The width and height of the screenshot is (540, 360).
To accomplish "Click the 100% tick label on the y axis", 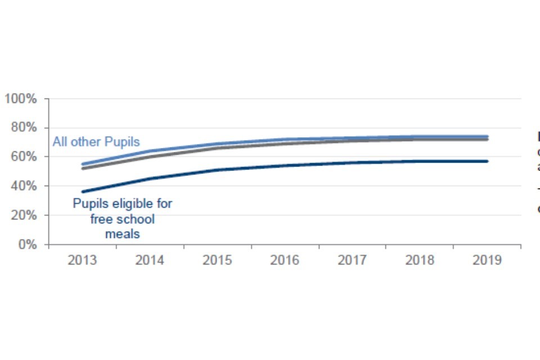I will pyautogui.click(x=20, y=99).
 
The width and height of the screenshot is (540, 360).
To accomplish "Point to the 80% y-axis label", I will pyautogui.click(x=24, y=128).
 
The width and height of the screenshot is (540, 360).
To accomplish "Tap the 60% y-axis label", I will pyautogui.click(x=24, y=157).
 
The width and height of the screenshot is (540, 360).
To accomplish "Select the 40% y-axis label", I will pyautogui.click(x=24, y=186).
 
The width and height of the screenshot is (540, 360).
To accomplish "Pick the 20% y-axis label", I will pyautogui.click(x=24, y=215).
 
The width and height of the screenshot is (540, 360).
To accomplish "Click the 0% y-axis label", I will pyautogui.click(x=27, y=245).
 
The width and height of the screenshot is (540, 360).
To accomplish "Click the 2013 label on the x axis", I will pyautogui.click(x=82, y=261).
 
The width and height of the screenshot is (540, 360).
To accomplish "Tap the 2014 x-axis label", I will pyautogui.click(x=150, y=261).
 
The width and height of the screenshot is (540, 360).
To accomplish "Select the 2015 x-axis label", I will pyautogui.click(x=217, y=261).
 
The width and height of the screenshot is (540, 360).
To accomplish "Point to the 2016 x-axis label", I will pyautogui.click(x=285, y=261).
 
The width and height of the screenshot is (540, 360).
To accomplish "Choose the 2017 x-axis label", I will pyautogui.click(x=352, y=261).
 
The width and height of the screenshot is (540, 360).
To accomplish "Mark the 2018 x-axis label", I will pyautogui.click(x=420, y=261).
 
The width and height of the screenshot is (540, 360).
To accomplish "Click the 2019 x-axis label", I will pyautogui.click(x=487, y=261).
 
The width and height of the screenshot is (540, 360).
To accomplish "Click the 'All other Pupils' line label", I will pyautogui.click(x=96, y=142).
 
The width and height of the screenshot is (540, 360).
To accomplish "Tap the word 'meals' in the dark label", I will pyautogui.click(x=122, y=233).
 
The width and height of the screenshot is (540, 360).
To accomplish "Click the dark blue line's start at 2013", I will pyautogui.click(x=83, y=192).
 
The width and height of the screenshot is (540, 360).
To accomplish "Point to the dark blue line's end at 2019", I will pyautogui.click(x=487, y=161).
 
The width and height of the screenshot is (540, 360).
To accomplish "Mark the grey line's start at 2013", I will pyautogui.click(x=83, y=168).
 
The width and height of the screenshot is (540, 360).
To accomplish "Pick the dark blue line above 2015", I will pyautogui.click(x=218, y=170).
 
